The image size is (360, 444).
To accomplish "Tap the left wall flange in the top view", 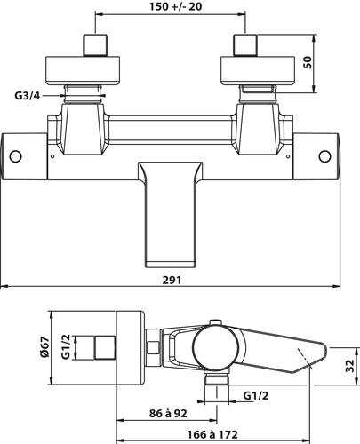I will tap(91, 69).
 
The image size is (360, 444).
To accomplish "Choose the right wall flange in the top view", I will tap(244, 69).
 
